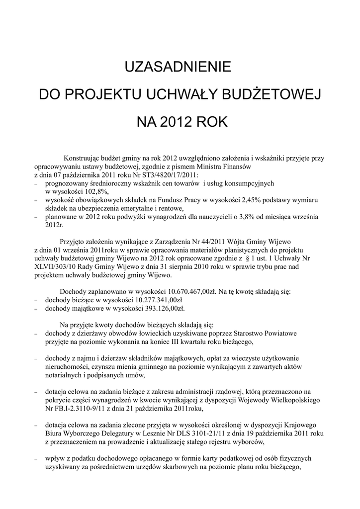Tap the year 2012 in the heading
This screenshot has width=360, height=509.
click(x=177, y=122)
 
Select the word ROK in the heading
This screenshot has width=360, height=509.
click(x=212, y=122)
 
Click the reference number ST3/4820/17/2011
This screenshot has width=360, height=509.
click(x=169, y=175)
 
